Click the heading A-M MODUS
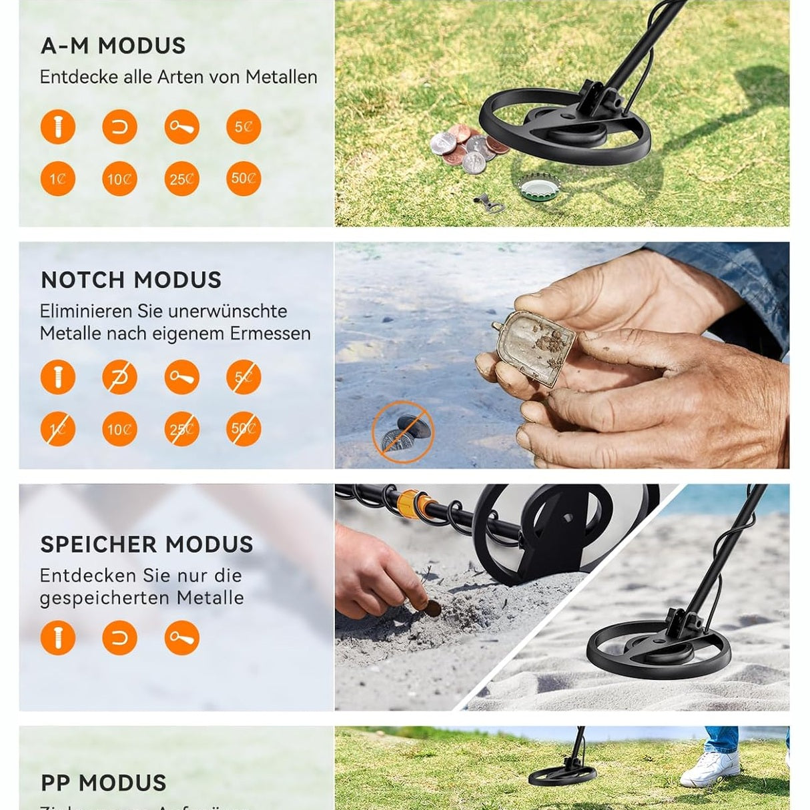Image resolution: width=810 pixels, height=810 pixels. click(113, 45)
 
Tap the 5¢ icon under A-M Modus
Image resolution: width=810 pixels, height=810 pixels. click(244, 127)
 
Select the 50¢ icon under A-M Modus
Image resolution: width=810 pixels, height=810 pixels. click(244, 179)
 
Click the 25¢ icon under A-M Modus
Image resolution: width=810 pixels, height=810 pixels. click(181, 179)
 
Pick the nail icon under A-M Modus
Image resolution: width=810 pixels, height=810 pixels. click(58, 127)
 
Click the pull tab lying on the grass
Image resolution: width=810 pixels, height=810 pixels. click(489, 201)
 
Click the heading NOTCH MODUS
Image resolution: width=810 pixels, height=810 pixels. click(131, 280)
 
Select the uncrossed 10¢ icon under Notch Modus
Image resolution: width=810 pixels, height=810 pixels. click(119, 429)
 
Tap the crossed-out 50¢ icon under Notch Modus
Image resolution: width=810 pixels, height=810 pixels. click(244, 429)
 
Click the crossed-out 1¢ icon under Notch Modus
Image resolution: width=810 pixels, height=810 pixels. click(58, 429)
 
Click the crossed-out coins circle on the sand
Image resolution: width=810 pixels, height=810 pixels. click(402, 432)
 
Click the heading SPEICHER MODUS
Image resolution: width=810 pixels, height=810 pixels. click(147, 544)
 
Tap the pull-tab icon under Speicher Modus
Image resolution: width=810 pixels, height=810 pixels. click(181, 637)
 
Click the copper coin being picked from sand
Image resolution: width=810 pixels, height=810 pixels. click(433, 607)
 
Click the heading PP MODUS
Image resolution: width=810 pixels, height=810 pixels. click(103, 783)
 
